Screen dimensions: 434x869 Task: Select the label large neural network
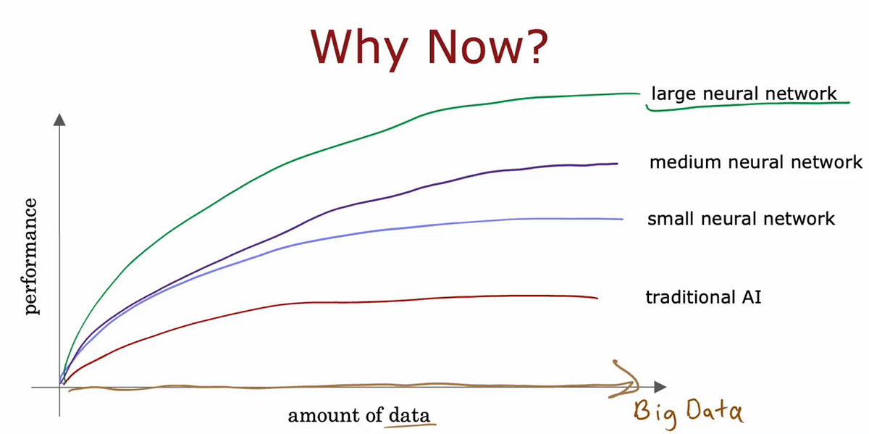click(744, 93)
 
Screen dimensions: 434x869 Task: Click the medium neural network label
click(756, 162)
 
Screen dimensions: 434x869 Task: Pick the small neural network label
click(742, 218)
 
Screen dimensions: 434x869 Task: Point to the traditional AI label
click(703, 296)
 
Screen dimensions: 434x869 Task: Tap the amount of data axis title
click(358, 415)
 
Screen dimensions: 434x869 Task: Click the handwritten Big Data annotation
click(688, 411)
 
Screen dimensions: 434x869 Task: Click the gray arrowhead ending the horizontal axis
click(660, 388)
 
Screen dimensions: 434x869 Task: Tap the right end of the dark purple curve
click(616, 164)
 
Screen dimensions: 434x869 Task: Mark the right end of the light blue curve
click(622, 219)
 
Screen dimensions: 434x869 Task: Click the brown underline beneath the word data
click(411, 426)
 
